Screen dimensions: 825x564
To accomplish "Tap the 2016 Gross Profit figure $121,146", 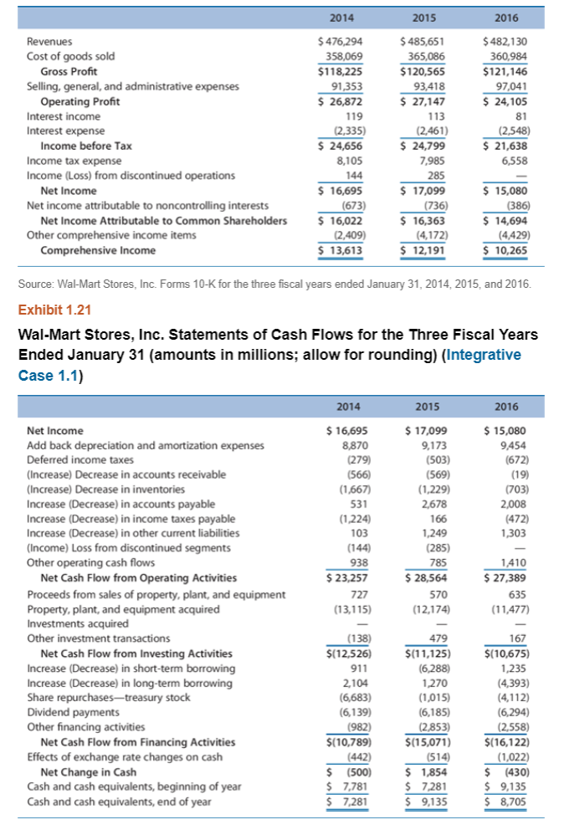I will [505, 71].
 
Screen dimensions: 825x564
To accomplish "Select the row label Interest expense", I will [65, 131].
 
